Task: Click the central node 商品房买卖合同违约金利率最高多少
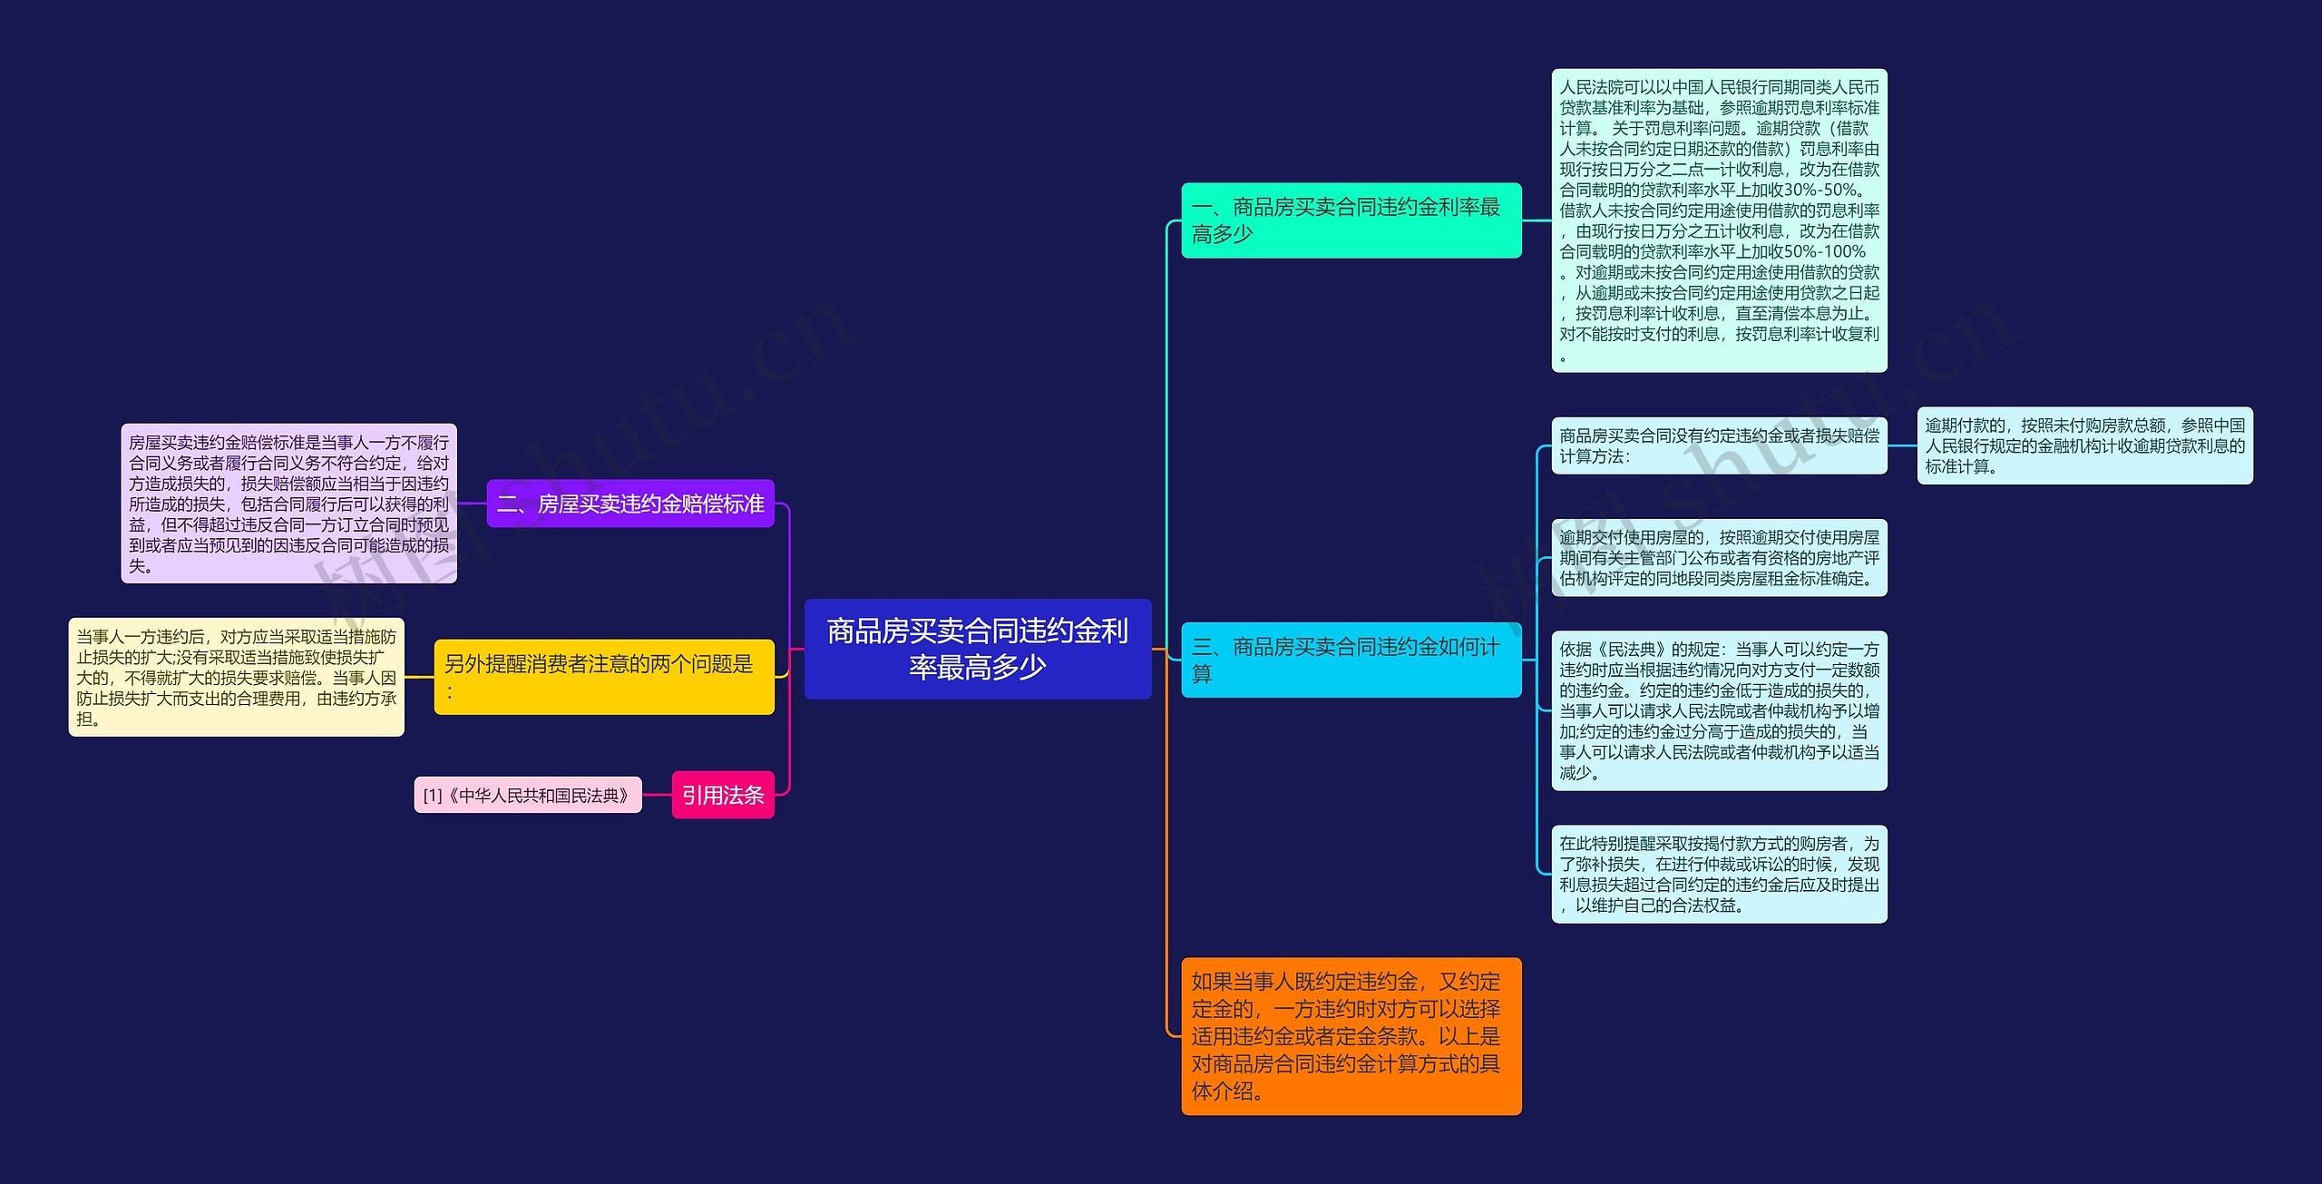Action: (978, 649)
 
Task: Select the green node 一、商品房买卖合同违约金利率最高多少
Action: (1351, 220)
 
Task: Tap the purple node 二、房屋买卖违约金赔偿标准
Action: (630, 504)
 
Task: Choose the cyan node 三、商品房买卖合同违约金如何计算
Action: (1351, 660)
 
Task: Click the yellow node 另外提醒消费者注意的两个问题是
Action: (604, 677)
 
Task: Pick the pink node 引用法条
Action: (723, 795)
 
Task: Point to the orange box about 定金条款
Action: (1351, 1036)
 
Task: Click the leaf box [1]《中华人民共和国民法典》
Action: (528, 795)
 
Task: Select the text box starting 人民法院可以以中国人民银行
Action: (1720, 220)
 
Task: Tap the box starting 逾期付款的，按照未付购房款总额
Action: (2085, 445)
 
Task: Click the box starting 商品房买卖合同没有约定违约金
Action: (1720, 445)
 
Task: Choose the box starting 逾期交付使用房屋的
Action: (1720, 558)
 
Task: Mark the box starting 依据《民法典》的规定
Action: (1720, 710)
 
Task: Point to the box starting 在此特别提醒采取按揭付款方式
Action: (1720, 874)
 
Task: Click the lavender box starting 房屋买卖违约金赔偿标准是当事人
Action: (289, 504)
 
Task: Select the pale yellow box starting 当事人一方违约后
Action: (237, 677)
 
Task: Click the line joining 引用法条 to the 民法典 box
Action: (657, 795)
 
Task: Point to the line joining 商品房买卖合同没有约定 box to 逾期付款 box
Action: (1902, 445)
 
